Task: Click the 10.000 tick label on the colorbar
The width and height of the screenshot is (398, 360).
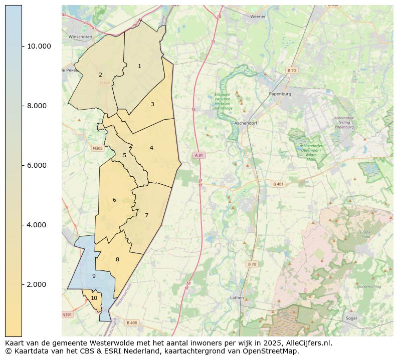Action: click(39, 46)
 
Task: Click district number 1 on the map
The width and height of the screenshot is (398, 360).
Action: click(139, 66)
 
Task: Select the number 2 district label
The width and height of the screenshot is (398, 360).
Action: click(100, 75)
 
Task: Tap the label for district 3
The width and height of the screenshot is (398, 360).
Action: click(152, 104)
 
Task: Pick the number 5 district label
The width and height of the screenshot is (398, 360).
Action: click(125, 155)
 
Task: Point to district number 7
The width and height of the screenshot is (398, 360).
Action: click(146, 215)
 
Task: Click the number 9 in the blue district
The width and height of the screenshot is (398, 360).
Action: click(94, 276)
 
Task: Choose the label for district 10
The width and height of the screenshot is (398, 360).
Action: click(94, 298)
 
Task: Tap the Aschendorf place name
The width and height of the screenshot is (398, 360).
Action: click(246, 123)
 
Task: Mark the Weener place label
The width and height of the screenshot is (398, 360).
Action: click(258, 17)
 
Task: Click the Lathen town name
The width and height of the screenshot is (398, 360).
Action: click(237, 297)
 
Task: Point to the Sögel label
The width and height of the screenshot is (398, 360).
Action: click(351, 318)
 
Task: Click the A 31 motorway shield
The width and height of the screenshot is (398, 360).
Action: click(199, 155)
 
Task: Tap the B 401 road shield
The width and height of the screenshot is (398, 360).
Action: click(278, 184)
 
